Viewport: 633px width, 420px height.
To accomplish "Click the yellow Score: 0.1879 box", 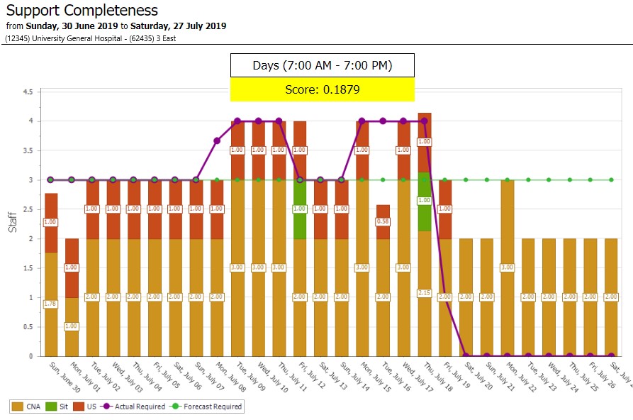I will (x=322, y=89).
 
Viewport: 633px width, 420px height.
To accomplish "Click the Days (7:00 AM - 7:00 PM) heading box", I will (x=322, y=65).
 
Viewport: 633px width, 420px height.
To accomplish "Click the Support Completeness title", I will (x=82, y=11).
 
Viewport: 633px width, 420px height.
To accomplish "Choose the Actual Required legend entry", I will (x=133, y=407).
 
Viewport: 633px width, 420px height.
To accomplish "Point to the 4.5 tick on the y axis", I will (x=28, y=92).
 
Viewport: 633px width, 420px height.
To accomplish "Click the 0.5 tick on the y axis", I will (x=28, y=327).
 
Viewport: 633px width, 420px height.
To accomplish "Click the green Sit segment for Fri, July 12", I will (x=300, y=209).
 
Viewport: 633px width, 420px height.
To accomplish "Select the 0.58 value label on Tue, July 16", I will (x=383, y=221).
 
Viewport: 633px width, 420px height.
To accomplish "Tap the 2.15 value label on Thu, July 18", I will (x=424, y=293).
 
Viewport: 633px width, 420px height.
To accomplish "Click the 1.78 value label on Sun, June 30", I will (x=50, y=304).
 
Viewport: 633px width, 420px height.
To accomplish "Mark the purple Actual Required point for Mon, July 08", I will (x=217, y=140).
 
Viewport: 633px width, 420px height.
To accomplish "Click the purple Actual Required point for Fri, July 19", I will (x=445, y=297).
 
